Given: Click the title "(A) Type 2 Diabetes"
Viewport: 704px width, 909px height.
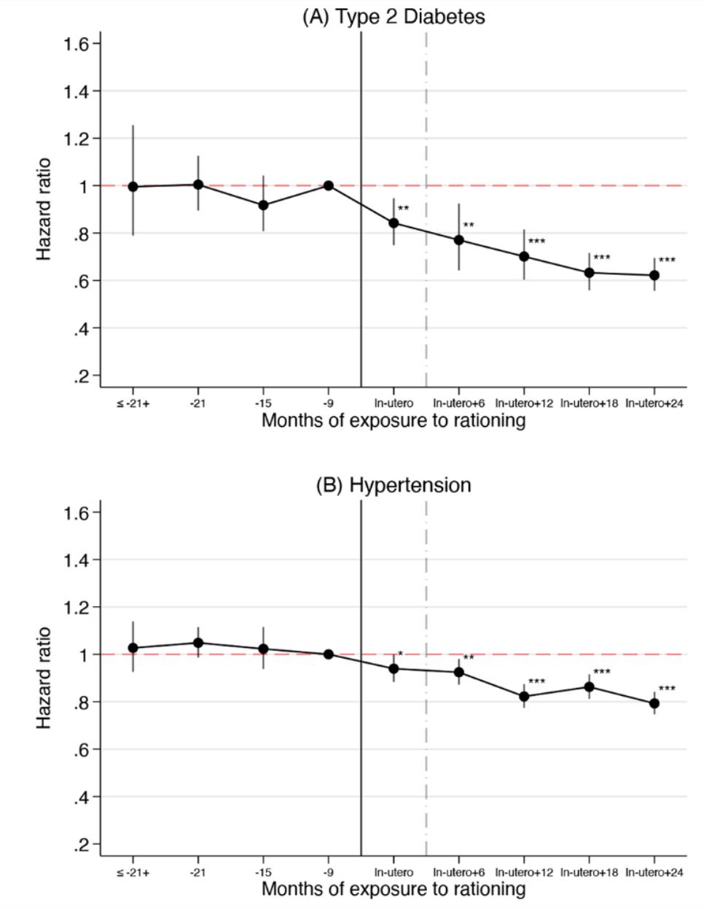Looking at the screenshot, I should pyautogui.click(x=394, y=17).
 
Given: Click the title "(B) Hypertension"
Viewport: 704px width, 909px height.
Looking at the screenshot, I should pyautogui.click(x=394, y=485).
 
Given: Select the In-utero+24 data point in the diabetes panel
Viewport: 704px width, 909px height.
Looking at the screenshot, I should pyautogui.click(x=654, y=275).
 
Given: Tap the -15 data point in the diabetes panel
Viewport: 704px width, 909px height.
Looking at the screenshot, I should pyautogui.click(x=263, y=205).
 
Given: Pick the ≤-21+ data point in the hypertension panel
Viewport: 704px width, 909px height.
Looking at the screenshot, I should pyautogui.click(x=133, y=648).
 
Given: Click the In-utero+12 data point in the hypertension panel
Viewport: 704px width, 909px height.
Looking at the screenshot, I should pyautogui.click(x=524, y=696).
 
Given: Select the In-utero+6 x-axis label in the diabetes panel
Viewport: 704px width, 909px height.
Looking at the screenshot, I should pyautogui.click(x=459, y=403).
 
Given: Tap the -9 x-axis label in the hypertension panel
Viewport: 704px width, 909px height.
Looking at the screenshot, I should pyautogui.click(x=328, y=872).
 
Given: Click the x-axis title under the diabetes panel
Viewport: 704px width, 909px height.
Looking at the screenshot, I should pyautogui.click(x=394, y=421).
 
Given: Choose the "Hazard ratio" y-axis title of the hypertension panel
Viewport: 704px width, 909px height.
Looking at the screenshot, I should pyautogui.click(x=44, y=677).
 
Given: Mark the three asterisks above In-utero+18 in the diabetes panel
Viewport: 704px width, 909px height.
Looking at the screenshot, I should pyautogui.click(x=602, y=258).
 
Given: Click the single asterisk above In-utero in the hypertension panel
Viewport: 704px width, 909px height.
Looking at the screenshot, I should pyautogui.click(x=400, y=654).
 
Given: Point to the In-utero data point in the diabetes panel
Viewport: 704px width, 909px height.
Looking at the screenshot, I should pyautogui.click(x=394, y=223).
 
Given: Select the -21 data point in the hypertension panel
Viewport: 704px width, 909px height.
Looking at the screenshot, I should pyautogui.click(x=198, y=643).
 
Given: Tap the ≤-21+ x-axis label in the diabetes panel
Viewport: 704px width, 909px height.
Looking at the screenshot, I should pyautogui.click(x=133, y=403).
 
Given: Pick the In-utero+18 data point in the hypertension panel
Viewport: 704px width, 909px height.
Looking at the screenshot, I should pyautogui.click(x=589, y=686).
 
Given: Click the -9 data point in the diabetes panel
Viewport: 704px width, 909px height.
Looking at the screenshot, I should pyautogui.click(x=329, y=185).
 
